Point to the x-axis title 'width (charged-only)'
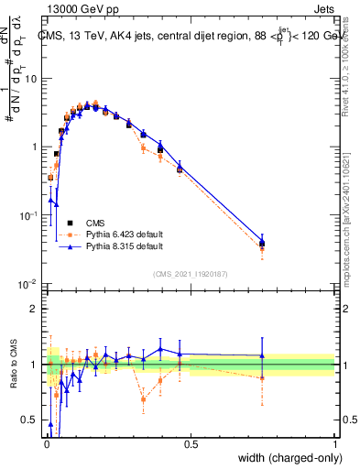click(284, 458)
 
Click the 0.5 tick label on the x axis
click(190, 444)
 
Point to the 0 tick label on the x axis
click(46, 444)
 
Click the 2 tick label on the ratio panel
click(35, 309)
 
